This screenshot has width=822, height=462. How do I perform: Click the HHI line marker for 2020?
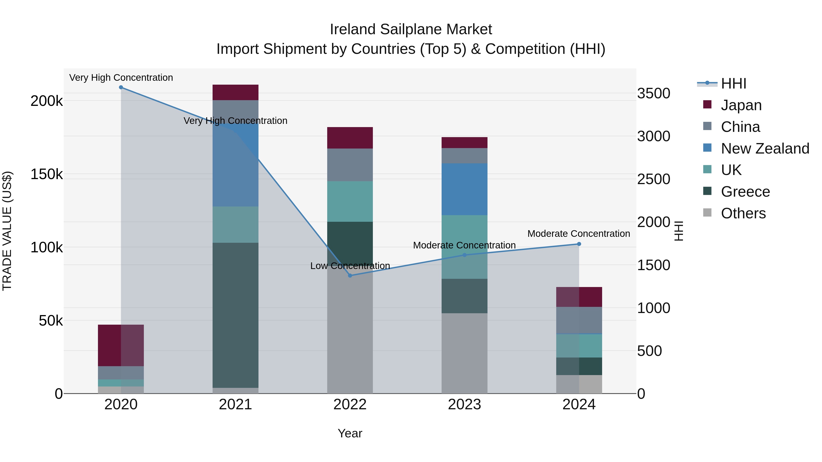click(x=121, y=87)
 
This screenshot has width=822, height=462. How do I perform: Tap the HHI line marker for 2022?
click(x=350, y=275)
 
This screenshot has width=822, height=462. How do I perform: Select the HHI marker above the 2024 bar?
click(x=579, y=244)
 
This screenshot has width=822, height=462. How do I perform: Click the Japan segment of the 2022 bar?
click(x=350, y=138)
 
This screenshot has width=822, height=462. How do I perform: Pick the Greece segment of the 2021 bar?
click(x=235, y=315)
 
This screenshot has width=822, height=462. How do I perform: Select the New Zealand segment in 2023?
click(x=464, y=189)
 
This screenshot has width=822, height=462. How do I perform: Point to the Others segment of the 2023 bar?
click(x=464, y=353)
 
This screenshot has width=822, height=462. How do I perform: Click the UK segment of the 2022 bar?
click(x=350, y=201)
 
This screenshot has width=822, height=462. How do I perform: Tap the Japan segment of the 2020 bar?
click(x=121, y=345)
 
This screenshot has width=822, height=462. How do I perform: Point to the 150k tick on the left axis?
click(x=47, y=174)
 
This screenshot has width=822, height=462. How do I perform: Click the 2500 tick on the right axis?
click(x=653, y=179)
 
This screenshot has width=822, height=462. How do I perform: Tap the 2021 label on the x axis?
click(x=235, y=405)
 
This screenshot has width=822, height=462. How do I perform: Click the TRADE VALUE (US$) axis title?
click(x=7, y=231)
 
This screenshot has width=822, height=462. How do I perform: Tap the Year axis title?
click(x=350, y=433)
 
